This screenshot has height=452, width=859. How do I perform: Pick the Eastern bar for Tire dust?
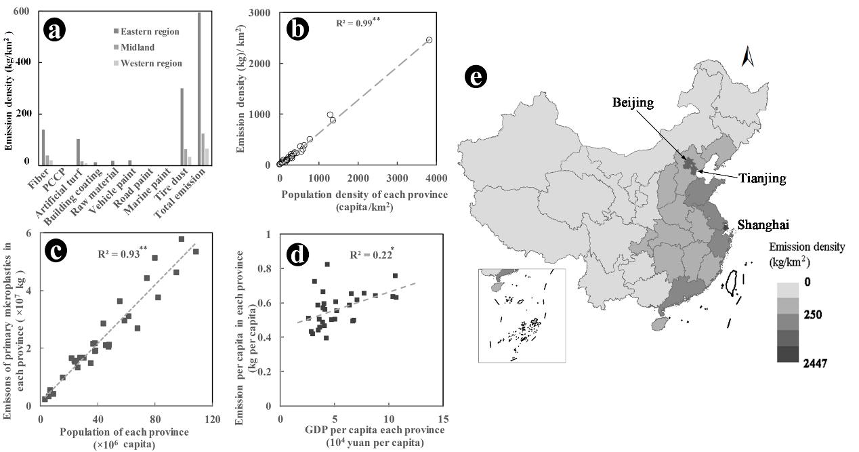pos(182,126)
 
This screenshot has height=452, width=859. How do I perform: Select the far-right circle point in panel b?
pos(429,40)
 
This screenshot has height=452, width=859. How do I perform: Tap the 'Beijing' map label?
pos(633,103)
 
